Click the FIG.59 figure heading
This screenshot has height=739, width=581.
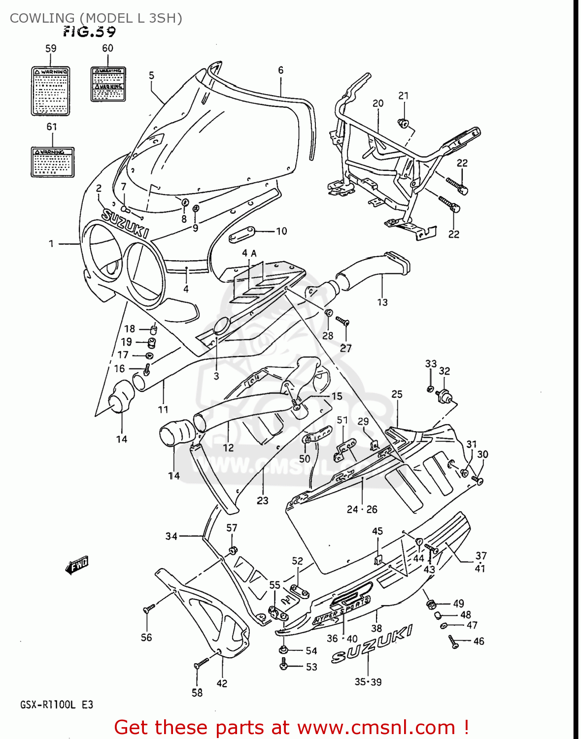pos(89,32)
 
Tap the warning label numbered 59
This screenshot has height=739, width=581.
pos(50,91)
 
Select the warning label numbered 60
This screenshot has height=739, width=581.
pos(108,84)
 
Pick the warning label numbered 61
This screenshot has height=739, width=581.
pos(52,162)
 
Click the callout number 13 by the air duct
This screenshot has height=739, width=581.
pos(382,302)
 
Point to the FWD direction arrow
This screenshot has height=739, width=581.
pos(77,566)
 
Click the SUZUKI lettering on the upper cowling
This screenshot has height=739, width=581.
pos(125,223)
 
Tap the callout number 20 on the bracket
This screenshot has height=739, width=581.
pos(378,103)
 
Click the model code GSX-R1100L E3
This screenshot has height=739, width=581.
pos(56,705)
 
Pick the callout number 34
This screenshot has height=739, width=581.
pos(171,536)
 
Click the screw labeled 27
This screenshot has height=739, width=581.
pos(343,321)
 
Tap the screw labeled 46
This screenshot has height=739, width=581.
pos(453,641)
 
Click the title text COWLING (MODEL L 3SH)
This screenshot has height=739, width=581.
pos(96,18)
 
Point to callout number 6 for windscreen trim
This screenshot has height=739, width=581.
pos(280,70)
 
